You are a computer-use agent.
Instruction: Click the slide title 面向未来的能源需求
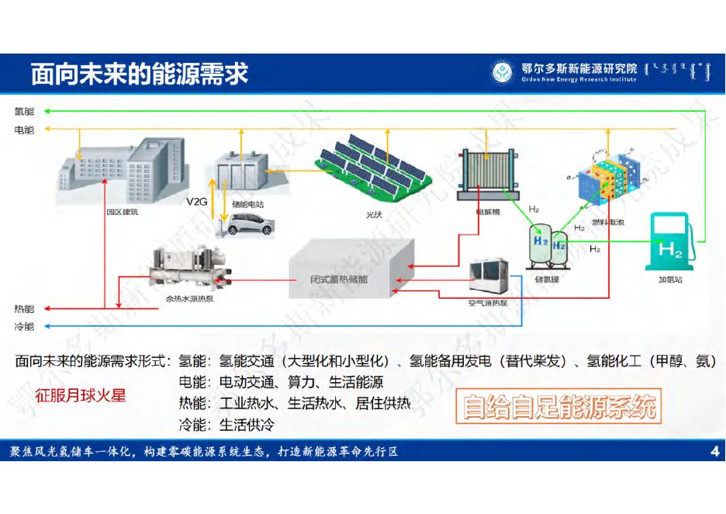[140, 75]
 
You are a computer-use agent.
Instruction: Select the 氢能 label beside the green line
[24, 112]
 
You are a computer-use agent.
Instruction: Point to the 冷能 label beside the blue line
[24, 327]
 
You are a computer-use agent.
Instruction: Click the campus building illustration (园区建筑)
[116, 168]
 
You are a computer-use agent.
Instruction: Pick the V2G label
[197, 201]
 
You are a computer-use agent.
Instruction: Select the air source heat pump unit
[491, 276]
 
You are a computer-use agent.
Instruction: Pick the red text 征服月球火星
[80, 394]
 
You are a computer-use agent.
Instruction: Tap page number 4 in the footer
[714, 453]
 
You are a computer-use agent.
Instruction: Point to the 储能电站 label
[248, 204]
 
